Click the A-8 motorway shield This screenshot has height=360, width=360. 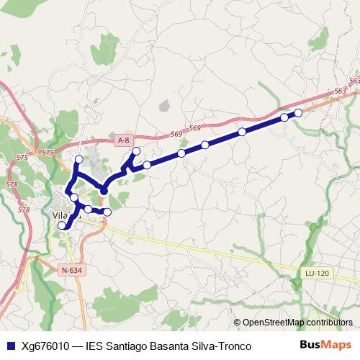[x=124, y=140]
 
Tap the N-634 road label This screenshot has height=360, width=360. [x=71, y=270]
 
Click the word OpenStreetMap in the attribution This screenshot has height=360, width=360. [x=274, y=323]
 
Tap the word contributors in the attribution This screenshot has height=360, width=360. [x=330, y=323]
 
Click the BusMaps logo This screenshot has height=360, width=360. [x=325, y=345]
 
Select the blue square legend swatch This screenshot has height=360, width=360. [x=10, y=346]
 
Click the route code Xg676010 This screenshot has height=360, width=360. [x=45, y=346]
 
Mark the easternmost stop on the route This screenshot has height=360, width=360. [x=298, y=113]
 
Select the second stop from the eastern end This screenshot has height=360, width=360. [x=284, y=117]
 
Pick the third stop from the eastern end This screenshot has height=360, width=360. [x=243, y=132]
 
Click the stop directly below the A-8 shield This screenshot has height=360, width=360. [x=135, y=151]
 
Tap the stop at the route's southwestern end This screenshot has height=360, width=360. [x=62, y=225]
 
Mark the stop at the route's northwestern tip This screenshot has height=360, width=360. [x=79, y=160]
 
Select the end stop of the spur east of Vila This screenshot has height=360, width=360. [x=107, y=212]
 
